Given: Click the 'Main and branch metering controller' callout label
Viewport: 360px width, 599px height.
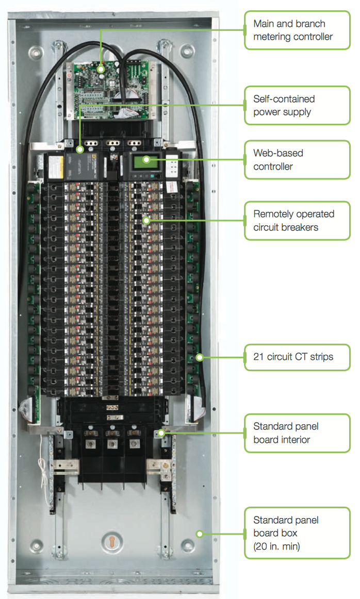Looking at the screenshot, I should tap(297, 30).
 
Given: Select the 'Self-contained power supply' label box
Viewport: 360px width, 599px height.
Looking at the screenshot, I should tap(297, 105).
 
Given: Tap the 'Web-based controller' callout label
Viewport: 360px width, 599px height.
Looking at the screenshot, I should tap(297, 160).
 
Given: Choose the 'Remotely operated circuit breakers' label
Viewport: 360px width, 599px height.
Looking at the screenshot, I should tap(297, 221).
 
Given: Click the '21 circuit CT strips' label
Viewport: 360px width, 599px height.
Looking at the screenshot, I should tap(297, 357).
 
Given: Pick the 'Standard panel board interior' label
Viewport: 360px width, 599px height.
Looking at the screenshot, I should tap(297, 433).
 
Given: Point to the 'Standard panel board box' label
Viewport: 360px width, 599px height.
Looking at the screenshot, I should tap(297, 533).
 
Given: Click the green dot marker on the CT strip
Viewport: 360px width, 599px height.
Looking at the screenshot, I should tap(199, 357).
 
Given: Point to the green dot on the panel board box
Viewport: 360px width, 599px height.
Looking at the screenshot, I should tap(199, 534).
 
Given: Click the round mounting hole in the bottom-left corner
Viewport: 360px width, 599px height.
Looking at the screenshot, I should tap(36, 544).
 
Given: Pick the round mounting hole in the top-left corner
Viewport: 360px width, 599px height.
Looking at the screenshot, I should tap(36, 52).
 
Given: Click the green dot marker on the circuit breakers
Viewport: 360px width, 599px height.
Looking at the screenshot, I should tap(146, 221).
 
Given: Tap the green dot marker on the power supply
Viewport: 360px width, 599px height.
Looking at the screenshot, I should tap(80, 150).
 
